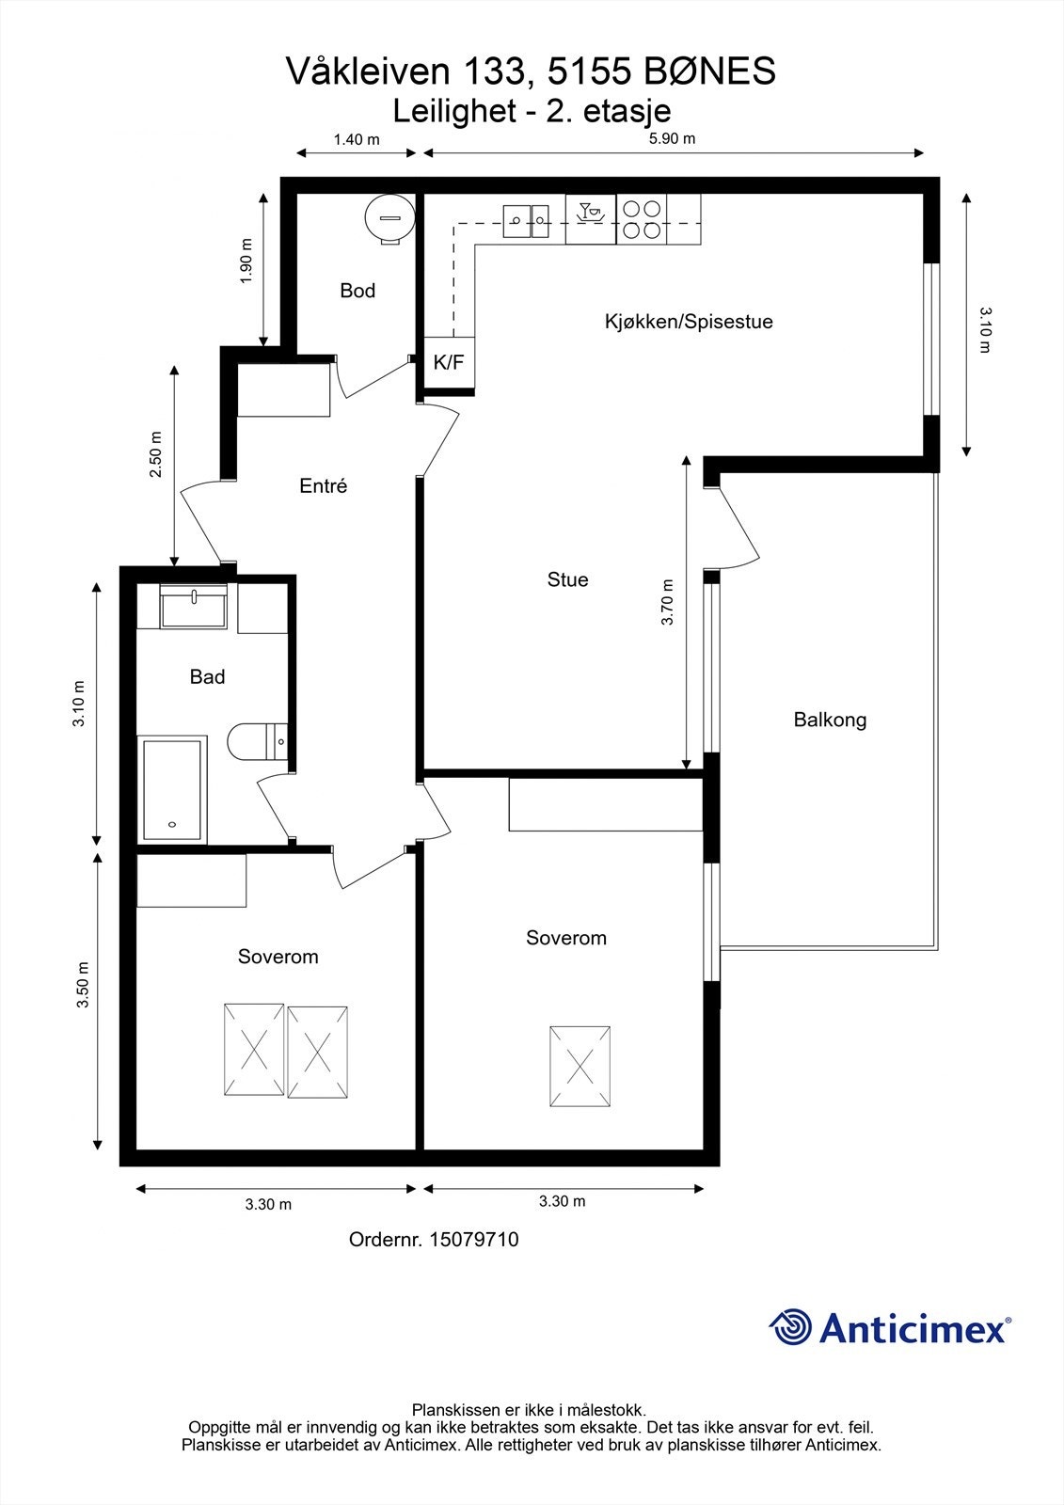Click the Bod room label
[x=357, y=291]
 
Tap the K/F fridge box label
[x=449, y=363]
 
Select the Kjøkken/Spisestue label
[x=689, y=322]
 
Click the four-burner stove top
[x=642, y=220]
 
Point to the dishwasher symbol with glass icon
[x=591, y=219]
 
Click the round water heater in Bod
[x=389, y=217]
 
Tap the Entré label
[x=324, y=485]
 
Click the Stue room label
[x=568, y=579]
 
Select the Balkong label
[x=830, y=720]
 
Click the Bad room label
[x=207, y=676]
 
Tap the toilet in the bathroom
[x=258, y=742]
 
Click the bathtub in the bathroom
[x=172, y=790]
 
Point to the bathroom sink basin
[x=193, y=606]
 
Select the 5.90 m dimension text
[x=672, y=139]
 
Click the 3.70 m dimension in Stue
[x=667, y=602]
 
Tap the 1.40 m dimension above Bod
[x=357, y=140]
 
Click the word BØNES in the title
[x=709, y=71]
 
